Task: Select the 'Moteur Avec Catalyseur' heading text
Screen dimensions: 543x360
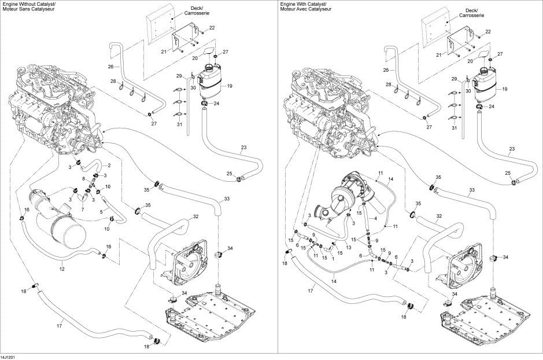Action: (x=301, y=9)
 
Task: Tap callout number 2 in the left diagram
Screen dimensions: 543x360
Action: (x=109, y=165)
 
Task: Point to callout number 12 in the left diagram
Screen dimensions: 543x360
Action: (x=62, y=269)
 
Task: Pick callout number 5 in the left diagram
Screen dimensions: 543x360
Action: (x=101, y=212)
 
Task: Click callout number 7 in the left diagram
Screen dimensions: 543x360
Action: (x=83, y=210)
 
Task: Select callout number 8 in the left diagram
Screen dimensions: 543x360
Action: (x=83, y=179)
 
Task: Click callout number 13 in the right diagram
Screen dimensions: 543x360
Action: (x=349, y=248)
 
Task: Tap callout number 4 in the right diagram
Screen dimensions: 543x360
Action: (x=375, y=219)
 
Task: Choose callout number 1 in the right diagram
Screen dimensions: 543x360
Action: (x=333, y=258)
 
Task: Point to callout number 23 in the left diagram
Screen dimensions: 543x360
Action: (x=243, y=147)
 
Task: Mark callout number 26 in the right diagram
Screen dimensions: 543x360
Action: (x=386, y=70)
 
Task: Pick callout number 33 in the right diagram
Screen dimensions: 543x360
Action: (x=472, y=190)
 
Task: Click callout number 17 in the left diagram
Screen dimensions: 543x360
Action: (x=60, y=325)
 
